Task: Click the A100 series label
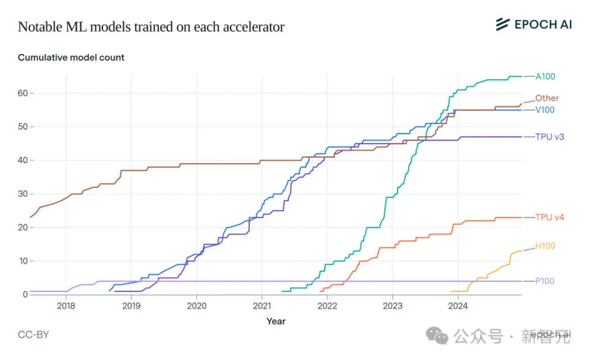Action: point(545,77)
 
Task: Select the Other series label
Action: point(547,98)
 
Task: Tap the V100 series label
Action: point(545,110)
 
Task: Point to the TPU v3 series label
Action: point(550,137)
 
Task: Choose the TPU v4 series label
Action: point(550,217)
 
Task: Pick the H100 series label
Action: point(545,246)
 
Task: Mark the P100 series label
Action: point(545,281)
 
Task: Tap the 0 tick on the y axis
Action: point(25,294)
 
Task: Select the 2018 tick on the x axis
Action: point(66,306)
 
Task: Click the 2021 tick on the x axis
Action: point(262,306)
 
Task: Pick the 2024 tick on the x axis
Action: point(458,306)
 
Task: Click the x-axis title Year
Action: point(275,321)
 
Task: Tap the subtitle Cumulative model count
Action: point(71,58)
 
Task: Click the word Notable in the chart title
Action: point(39,27)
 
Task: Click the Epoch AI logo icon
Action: point(502,25)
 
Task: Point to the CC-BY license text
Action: point(33,335)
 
